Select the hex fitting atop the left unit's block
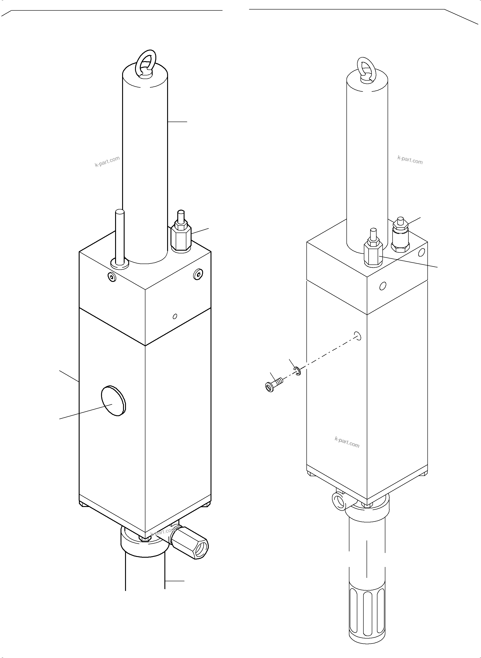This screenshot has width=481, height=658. pyautogui.click(x=181, y=237)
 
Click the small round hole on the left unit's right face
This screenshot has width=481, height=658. pyautogui.click(x=175, y=316)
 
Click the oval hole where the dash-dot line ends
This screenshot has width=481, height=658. pyautogui.click(x=358, y=336)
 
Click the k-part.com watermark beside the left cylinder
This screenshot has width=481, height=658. pyautogui.click(x=107, y=161)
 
